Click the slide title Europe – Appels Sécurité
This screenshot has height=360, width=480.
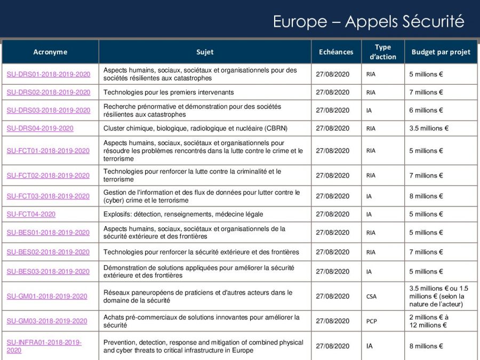pos(368,21)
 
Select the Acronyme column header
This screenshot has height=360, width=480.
pos(50,52)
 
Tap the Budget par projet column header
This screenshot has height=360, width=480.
pos(441,52)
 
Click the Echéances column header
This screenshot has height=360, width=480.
pos(336,52)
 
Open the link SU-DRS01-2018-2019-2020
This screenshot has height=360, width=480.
pos(49,75)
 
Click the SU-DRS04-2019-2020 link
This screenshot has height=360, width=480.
pos(40,129)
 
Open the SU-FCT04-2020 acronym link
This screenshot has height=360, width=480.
pos(31,214)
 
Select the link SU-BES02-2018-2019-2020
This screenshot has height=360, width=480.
pos(48,252)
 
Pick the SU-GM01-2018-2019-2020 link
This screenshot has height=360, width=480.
pos(47,297)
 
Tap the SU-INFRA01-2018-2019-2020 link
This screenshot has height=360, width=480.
pos(44,346)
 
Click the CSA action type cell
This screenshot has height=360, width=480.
pos(371,297)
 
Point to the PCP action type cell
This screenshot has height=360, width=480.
pos(371,322)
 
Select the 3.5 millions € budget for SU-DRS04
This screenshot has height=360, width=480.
pos(429,129)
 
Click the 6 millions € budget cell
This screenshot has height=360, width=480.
pos(426,110)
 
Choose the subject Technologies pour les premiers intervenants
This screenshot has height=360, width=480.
pos(169,92)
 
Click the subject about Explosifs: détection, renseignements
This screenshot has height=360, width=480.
pos(183,214)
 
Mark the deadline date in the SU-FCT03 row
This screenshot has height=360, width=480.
pos(332,196)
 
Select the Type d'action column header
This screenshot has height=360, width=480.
pos(382,52)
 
